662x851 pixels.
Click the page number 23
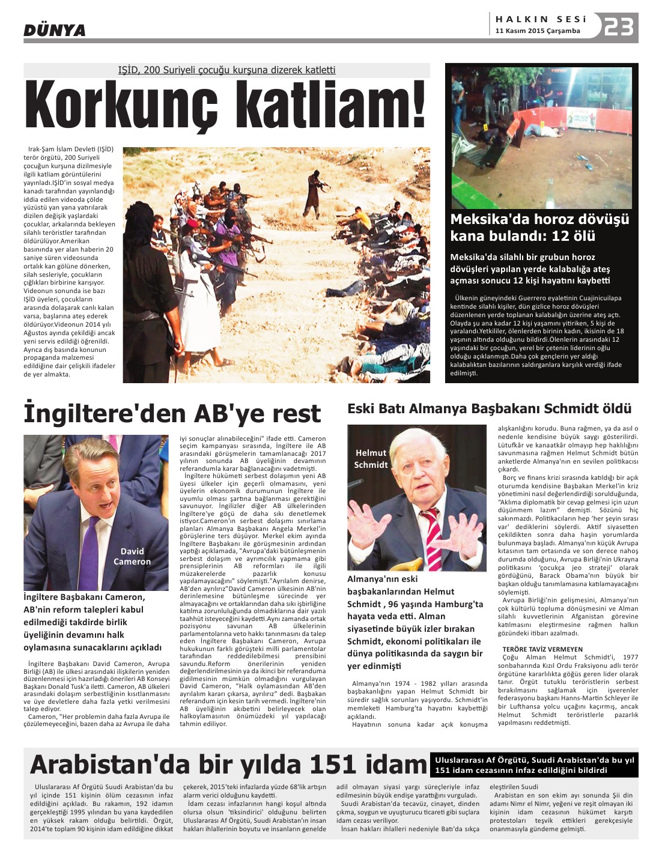[619, 27]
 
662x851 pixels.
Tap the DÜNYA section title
[55, 30]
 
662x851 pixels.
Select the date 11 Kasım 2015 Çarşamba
[538, 31]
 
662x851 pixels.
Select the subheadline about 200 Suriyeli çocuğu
[226, 70]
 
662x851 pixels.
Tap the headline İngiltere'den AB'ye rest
[172, 414]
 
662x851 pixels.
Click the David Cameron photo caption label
[132, 556]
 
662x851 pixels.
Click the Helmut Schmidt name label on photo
[371, 459]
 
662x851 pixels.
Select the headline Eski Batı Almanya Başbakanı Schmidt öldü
[489, 409]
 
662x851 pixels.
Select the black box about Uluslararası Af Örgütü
[534, 765]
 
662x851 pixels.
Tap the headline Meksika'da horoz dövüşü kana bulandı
[539, 227]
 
